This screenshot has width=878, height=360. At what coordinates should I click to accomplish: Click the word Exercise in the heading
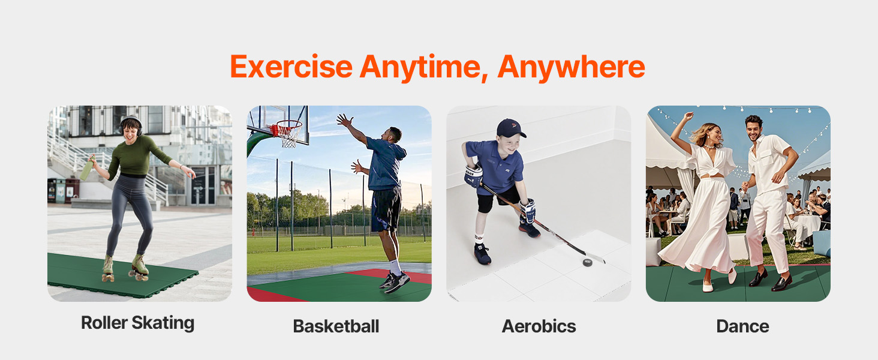291,67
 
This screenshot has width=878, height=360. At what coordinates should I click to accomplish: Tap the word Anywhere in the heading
571,67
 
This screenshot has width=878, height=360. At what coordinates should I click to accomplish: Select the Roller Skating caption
137,323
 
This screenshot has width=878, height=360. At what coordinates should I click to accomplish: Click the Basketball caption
336,326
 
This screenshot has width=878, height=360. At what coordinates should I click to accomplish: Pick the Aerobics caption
539,326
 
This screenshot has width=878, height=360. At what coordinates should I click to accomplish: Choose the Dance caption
742,326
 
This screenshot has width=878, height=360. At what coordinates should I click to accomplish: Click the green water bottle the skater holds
87,168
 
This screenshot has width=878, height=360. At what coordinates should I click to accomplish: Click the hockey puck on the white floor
587,262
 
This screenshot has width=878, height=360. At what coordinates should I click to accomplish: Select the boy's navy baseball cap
511,128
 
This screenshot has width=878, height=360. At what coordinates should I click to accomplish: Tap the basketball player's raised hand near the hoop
344,121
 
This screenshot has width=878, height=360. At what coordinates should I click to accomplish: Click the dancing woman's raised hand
688,116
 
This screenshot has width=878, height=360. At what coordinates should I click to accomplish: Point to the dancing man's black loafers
770,280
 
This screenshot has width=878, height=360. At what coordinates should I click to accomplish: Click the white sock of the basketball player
395,268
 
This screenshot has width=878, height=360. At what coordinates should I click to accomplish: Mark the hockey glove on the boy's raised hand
473,176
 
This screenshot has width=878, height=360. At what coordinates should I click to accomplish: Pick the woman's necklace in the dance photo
709,147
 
